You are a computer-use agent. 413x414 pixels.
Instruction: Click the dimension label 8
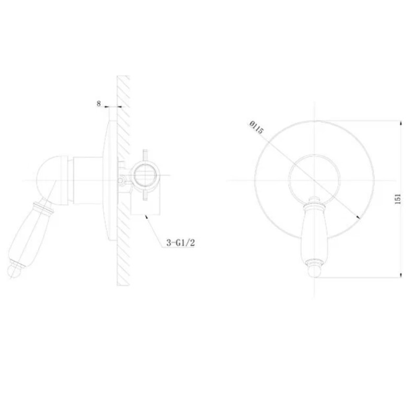(98, 104)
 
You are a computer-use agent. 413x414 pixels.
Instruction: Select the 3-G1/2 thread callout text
(180, 243)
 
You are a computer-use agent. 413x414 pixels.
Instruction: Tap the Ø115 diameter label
(256, 127)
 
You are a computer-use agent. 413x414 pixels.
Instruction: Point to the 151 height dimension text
(398, 199)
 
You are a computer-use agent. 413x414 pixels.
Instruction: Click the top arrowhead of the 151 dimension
(401, 123)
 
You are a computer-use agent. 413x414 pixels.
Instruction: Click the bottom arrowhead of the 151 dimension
(401, 275)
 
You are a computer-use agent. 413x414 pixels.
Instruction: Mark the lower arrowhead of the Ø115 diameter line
(358, 217)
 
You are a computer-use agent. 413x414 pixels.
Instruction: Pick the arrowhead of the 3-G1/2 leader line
(146, 217)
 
